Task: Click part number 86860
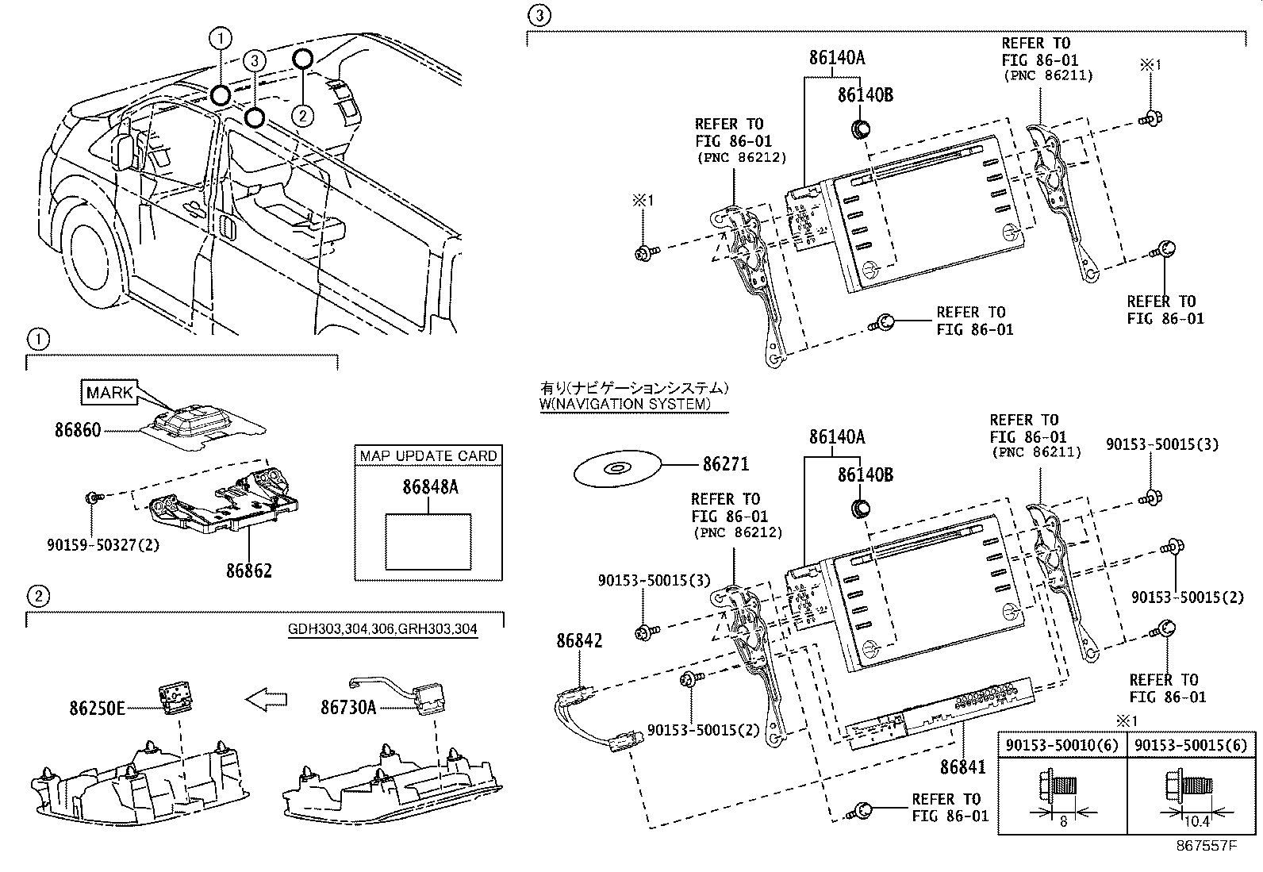(78, 430)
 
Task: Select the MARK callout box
(109, 393)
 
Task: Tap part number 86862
(248, 570)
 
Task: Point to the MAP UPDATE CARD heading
(428, 455)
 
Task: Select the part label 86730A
(348, 707)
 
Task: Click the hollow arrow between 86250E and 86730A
(267, 699)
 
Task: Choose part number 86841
(962, 767)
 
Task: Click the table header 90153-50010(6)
(1061, 745)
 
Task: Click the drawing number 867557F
(1206, 846)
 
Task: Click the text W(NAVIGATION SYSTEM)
(624, 404)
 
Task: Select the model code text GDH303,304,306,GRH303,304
(382, 628)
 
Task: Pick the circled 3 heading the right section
(539, 15)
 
